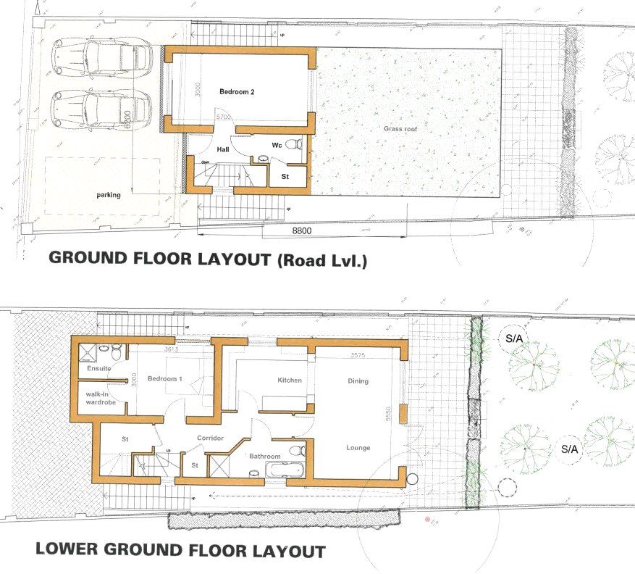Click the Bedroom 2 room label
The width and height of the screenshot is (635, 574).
click(237, 92)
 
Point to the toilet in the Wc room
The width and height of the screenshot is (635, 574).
click(294, 144)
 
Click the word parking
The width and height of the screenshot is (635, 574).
click(108, 195)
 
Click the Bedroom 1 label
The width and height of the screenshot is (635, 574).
click(164, 379)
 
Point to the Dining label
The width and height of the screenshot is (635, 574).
click(358, 381)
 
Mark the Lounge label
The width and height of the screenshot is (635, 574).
click(358, 448)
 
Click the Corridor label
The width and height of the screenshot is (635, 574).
click(210, 438)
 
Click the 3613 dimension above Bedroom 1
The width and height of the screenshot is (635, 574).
click(170, 349)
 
